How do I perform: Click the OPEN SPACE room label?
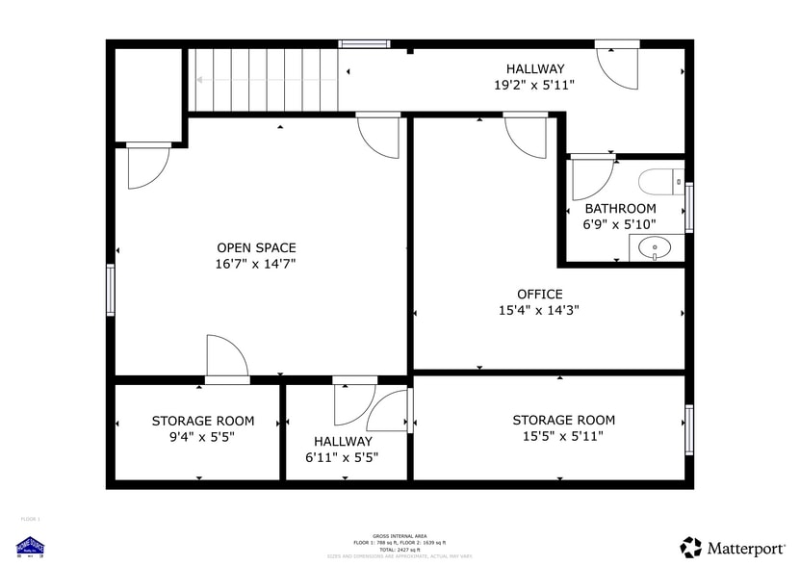(x=256, y=247)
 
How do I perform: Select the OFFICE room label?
(x=539, y=294)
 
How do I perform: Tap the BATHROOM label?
(x=620, y=208)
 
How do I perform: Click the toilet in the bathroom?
(x=661, y=180)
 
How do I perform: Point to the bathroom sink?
(x=657, y=247)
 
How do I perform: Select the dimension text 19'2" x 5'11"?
(x=534, y=85)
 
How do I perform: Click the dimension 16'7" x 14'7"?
(x=256, y=264)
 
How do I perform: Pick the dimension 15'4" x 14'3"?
(x=539, y=310)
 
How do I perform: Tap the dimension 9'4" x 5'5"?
(x=203, y=436)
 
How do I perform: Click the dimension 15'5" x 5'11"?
(x=563, y=436)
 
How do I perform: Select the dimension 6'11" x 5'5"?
(x=342, y=457)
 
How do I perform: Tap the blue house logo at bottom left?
(x=31, y=546)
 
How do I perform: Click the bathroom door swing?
(x=589, y=178)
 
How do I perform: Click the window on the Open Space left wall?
(x=111, y=290)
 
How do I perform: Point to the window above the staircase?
(x=364, y=43)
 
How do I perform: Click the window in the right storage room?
(x=688, y=429)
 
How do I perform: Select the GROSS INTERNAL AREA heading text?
(x=400, y=535)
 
